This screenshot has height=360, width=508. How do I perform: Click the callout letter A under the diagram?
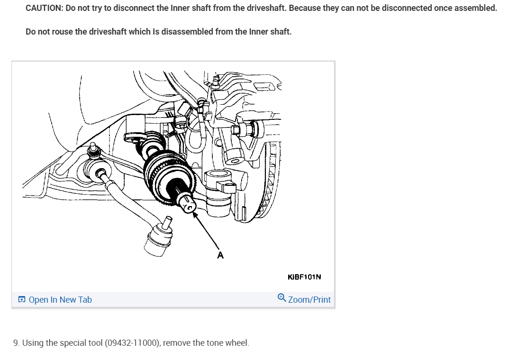click(x=220, y=255)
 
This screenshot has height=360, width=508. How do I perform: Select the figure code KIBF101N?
click(x=304, y=277)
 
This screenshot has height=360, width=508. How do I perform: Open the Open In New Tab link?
click(x=60, y=299)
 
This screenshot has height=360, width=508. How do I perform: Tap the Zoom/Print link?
click(x=309, y=299)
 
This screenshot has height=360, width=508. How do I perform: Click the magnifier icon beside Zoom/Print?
click(x=282, y=298)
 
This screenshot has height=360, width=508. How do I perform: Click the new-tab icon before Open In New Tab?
click(x=22, y=299)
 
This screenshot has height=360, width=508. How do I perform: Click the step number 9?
click(x=16, y=342)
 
